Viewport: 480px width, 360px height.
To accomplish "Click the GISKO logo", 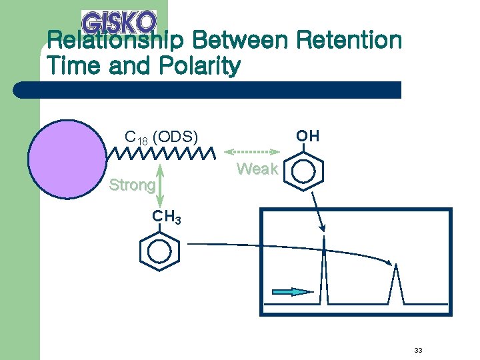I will [x=119, y=22].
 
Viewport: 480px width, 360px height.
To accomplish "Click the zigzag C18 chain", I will [x=161, y=154].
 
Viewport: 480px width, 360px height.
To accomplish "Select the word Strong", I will [x=132, y=185].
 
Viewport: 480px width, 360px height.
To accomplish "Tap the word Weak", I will [x=257, y=169].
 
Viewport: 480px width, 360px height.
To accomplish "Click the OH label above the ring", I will [x=308, y=136].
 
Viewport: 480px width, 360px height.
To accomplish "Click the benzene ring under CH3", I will [x=160, y=253].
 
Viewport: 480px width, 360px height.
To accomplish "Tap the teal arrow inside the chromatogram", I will [x=293, y=291].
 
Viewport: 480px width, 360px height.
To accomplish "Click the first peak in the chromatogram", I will [x=323, y=273].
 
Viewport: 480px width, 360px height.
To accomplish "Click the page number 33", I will [x=419, y=351].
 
